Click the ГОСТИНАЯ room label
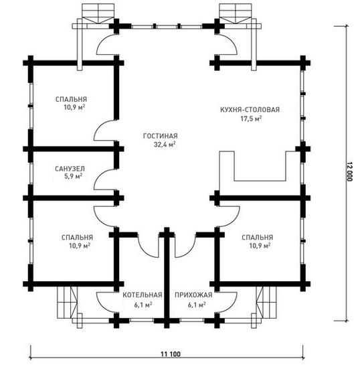click(x=161, y=136)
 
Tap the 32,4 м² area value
click(x=165, y=144)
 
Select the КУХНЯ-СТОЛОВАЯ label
click(x=250, y=110)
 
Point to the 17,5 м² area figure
click(x=251, y=119)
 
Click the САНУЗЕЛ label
click(x=70, y=169)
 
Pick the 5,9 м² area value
click(x=74, y=176)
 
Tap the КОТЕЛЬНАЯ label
click(x=143, y=295)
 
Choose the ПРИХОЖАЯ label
click(x=193, y=295)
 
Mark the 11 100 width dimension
click(x=171, y=354)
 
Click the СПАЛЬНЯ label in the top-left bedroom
click(x=71, y=99)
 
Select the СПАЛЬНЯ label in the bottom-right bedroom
click(x=258, y=237)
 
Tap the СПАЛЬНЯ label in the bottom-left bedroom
click(x=77, y=237)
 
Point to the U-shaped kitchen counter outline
click(x=260, y=181)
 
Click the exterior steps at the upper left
click(x=98, y=13)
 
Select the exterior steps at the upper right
click(x=236, y=13)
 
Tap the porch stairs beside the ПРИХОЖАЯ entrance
click(x=266, y=303)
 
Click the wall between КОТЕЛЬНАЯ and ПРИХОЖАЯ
click(x=167, y=278)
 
